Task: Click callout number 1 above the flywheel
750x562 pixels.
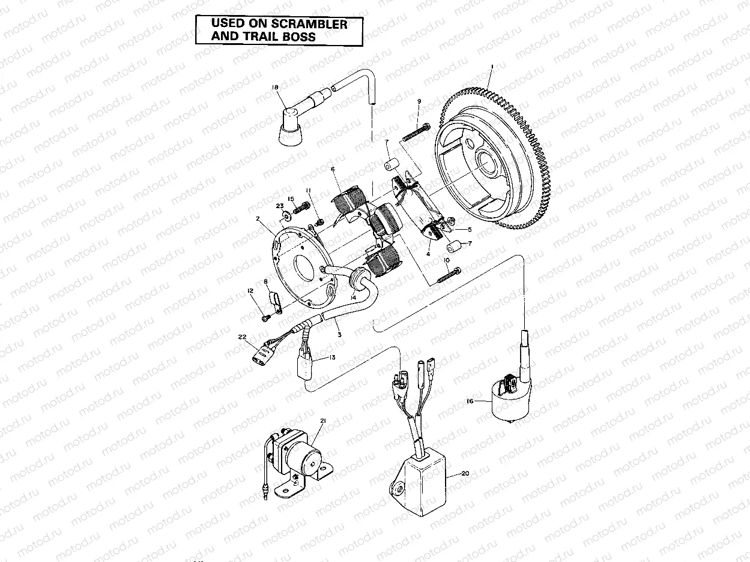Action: click(492, 65)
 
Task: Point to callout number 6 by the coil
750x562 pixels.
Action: click(333, 170)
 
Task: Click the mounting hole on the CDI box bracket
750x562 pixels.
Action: click(398, 488)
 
